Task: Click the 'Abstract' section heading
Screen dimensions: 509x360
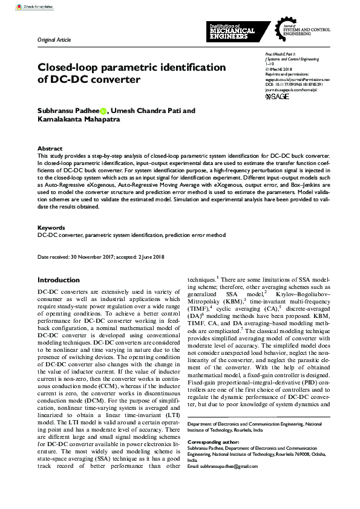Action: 50,148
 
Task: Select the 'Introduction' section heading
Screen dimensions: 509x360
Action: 58,280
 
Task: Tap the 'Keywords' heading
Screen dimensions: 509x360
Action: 51,228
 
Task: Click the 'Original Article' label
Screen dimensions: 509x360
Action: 54,40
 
